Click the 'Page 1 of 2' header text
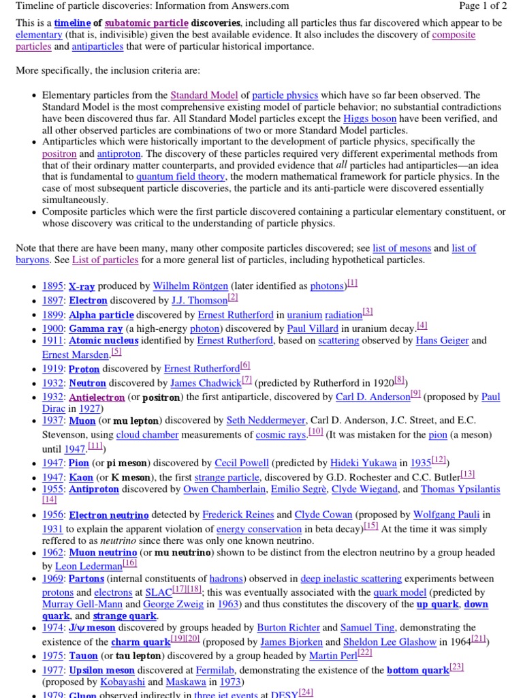point(478,6)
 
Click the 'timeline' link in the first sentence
point(72,23)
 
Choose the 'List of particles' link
point(105,260)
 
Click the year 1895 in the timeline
point(52,286)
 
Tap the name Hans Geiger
point(442,341)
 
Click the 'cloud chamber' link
point(147,434)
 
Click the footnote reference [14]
point(50,500)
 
